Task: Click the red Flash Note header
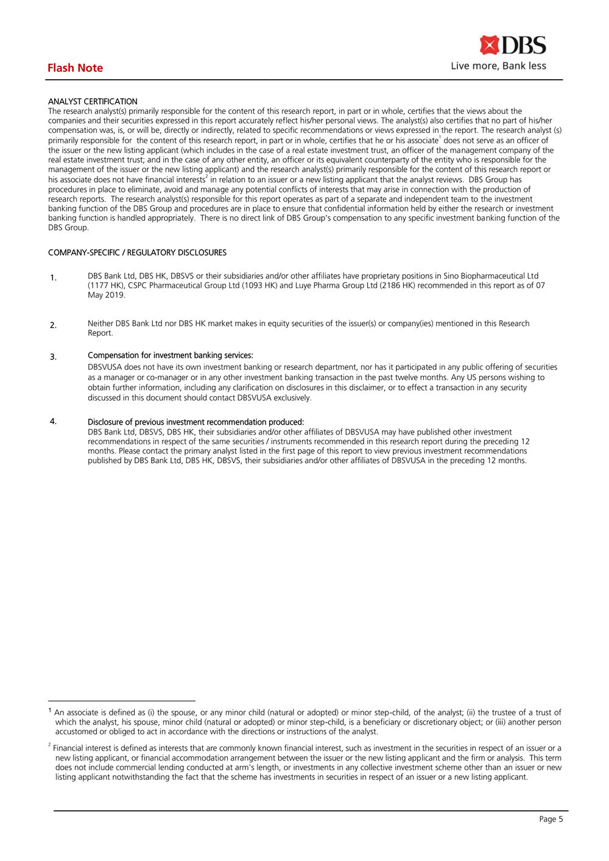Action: [x=75, y=68]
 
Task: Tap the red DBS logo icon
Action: [x=489, y=45]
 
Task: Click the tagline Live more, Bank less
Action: [x=498, y=66]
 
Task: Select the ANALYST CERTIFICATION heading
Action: [x=93, y=101]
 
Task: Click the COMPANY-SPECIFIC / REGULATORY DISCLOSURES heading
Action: [x=137, y=252]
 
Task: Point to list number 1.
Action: [x=54, y=278]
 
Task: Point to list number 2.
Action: [x=54, y=325]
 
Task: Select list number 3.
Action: [x=54, y=357]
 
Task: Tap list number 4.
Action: [x=54, y=421]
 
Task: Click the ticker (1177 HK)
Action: [x=106, y=285]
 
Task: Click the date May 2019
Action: [x=107, y=295]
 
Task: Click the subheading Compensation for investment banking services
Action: [x=170, y=355]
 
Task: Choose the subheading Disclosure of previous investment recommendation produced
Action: [x=195, y=422]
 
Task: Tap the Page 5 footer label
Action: [x=551, y=819]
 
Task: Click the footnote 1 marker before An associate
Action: [x=50, y=710]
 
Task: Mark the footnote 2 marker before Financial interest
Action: [x=49, y=746]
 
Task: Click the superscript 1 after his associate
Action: [x=440, y=138]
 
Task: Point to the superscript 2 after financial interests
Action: [x=207, y=177]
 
